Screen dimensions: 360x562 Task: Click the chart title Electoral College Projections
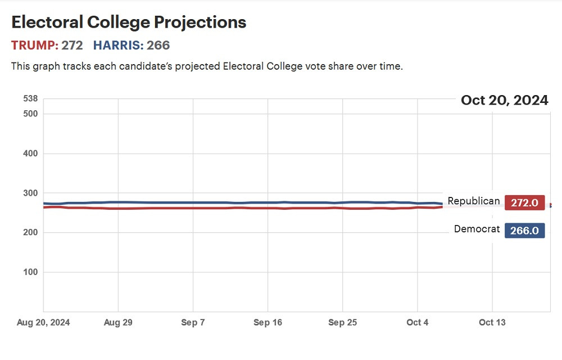pyautogui.click(x=129, y=22)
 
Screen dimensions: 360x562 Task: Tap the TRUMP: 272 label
pyautogui.click(x=47, y=45)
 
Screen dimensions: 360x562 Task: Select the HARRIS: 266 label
pyautogui.click(x=132, y=45)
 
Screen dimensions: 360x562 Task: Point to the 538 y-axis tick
pyautogui.click(x=30, y=99)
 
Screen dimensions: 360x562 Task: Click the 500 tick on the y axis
pyautogui.click(x=30, y=114)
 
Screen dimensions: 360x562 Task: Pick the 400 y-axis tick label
pyautogui.click(x=30, y=154)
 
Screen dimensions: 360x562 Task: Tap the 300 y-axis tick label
pyautogui.click(x=30, y=193)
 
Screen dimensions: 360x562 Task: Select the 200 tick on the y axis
pyautogui.click(x=30, y=232)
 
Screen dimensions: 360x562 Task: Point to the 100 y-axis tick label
pyautogui.click(x=30, y=272)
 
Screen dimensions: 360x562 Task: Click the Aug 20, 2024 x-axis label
pyautogui.click(x=44, y=322)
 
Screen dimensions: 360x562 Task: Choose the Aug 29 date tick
pyautogui.click(x=118, y=322)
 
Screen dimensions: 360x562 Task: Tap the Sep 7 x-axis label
pyautogui.click(x=193, y=322)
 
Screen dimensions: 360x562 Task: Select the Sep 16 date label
pyautogui.click(x=268, y=322)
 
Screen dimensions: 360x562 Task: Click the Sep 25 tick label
pyautogui.click(x=342, y=322)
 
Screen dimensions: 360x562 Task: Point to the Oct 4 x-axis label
pyautogui.click(x=417, y=322)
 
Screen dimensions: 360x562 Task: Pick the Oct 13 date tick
pyautogui.click(x=492, y=322)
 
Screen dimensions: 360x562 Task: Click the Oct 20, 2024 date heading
pyautogui.click(x=504, y=100)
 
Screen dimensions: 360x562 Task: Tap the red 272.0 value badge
pyautogui.click(x=524, y=203)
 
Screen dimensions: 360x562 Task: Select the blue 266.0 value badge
pyautogui.click(x=524, y=231)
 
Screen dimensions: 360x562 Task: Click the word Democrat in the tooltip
pyautogui.click(x=477, y=229)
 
